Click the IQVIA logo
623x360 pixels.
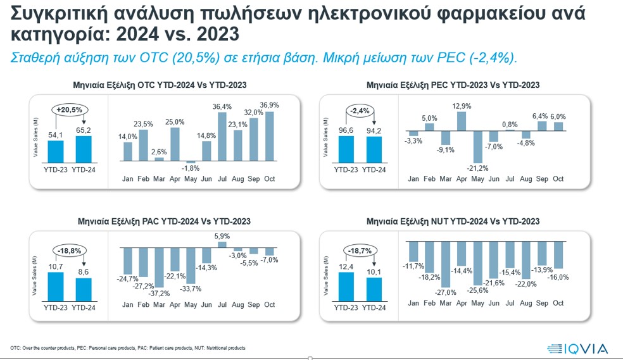point(577,348)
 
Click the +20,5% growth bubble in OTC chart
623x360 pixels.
point(70,110)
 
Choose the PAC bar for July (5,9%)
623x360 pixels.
point(222,244)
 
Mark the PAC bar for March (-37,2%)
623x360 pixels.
point(160,266)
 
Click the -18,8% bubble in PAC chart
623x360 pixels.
point(70,251)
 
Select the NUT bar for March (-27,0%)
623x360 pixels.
point(446,264)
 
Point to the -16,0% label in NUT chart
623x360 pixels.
point(558,276)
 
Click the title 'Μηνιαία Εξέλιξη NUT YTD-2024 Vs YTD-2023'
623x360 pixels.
point(453,221)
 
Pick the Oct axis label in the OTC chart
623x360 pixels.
point(269,179)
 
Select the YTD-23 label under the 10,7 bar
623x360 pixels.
point(56,308)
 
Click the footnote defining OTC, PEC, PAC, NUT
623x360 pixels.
point(127,348)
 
